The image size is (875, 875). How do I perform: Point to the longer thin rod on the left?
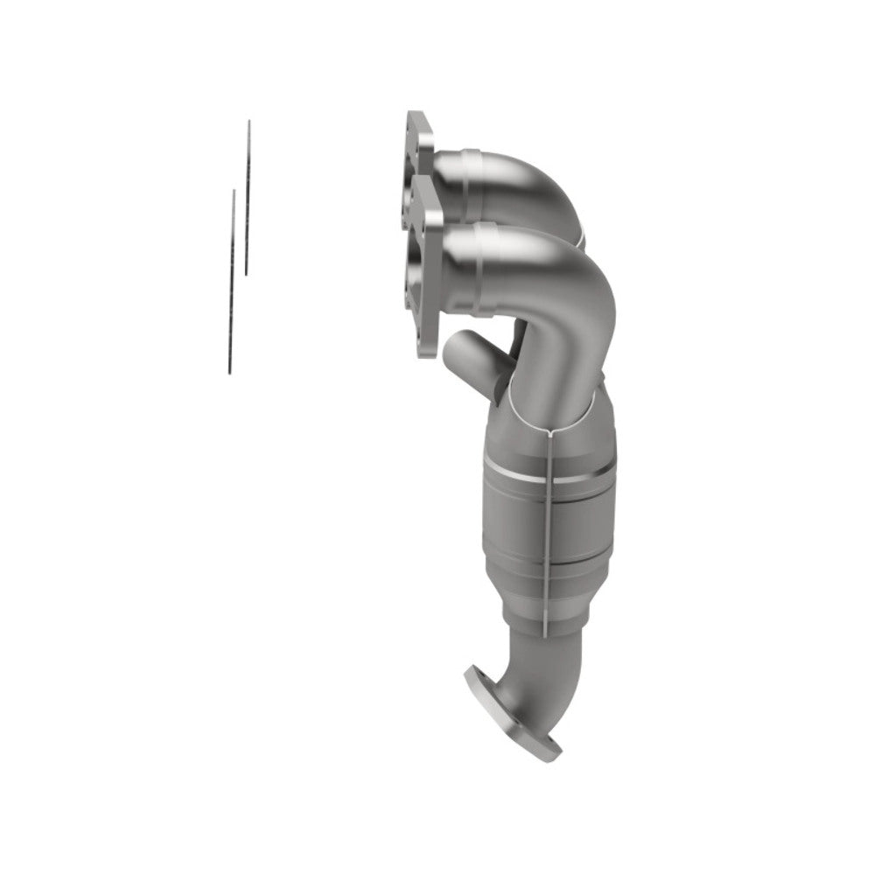(x=248, y=197)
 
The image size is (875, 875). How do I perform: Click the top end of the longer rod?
(x=249, y=122)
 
